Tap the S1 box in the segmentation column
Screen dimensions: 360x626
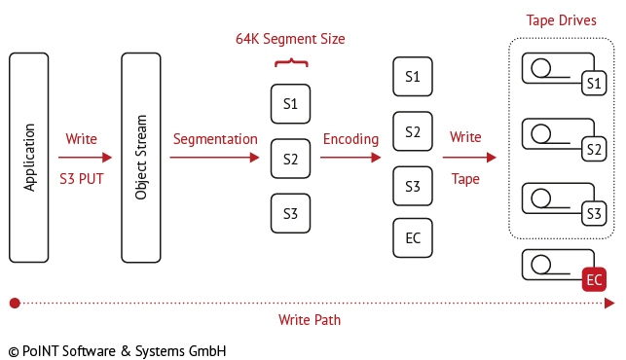click(x=290, y=104)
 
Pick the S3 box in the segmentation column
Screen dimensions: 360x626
click(x=290, y=213)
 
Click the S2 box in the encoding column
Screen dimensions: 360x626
click(x=413, y=131)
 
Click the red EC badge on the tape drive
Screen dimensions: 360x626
click(x=594, y=280)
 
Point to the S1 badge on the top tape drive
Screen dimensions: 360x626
click(x=592, y=85)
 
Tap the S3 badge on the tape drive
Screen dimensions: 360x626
click(x=592, y=213)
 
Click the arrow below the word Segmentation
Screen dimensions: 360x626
click(x=214, y=158)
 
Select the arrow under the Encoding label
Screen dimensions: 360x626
click(x=350, y=158)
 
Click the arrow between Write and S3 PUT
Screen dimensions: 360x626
click(x=81, y=158)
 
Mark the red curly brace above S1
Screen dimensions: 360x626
click(x=290, y=63)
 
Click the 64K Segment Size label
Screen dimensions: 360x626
click(x=290, y=40)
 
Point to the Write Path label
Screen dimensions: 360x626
click(x=309, y=319)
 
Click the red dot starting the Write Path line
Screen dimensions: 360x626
click(x=14, y=304)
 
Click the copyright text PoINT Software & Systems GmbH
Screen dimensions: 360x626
click(x=117, y=348)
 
